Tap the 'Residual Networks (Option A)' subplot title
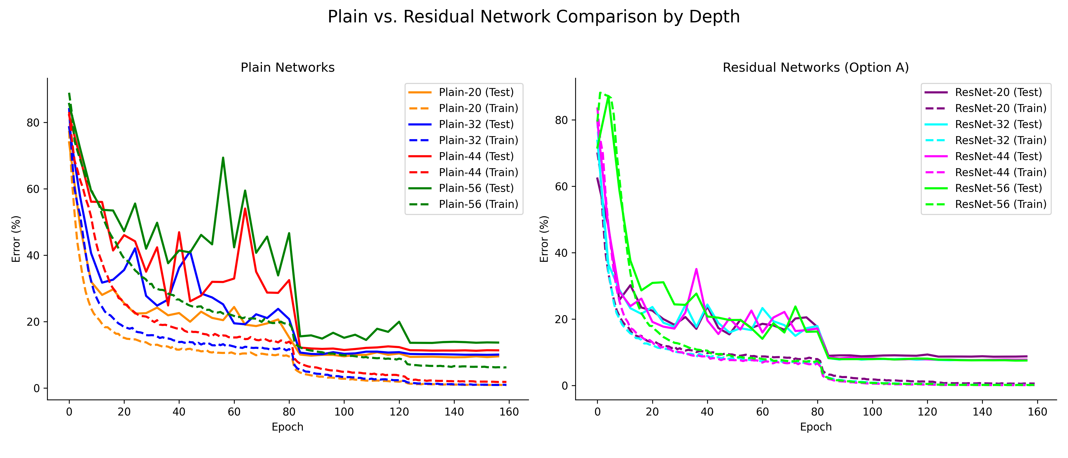[x=815, y=68]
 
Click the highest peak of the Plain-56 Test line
[x=223, y=158]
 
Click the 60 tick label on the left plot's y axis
[x=33, y=189]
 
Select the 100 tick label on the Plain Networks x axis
[x=344, y=412]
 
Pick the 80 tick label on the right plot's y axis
[x=561, y=120]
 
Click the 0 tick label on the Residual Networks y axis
[x=565, y=386]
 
